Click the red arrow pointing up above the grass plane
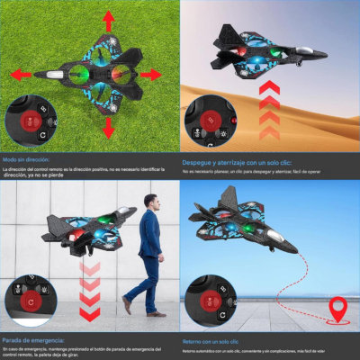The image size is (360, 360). [108, 19]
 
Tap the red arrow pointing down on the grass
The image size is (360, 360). [108, 128]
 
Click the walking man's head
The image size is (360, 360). [151, 202]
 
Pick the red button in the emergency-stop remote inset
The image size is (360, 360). [31, 300]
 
